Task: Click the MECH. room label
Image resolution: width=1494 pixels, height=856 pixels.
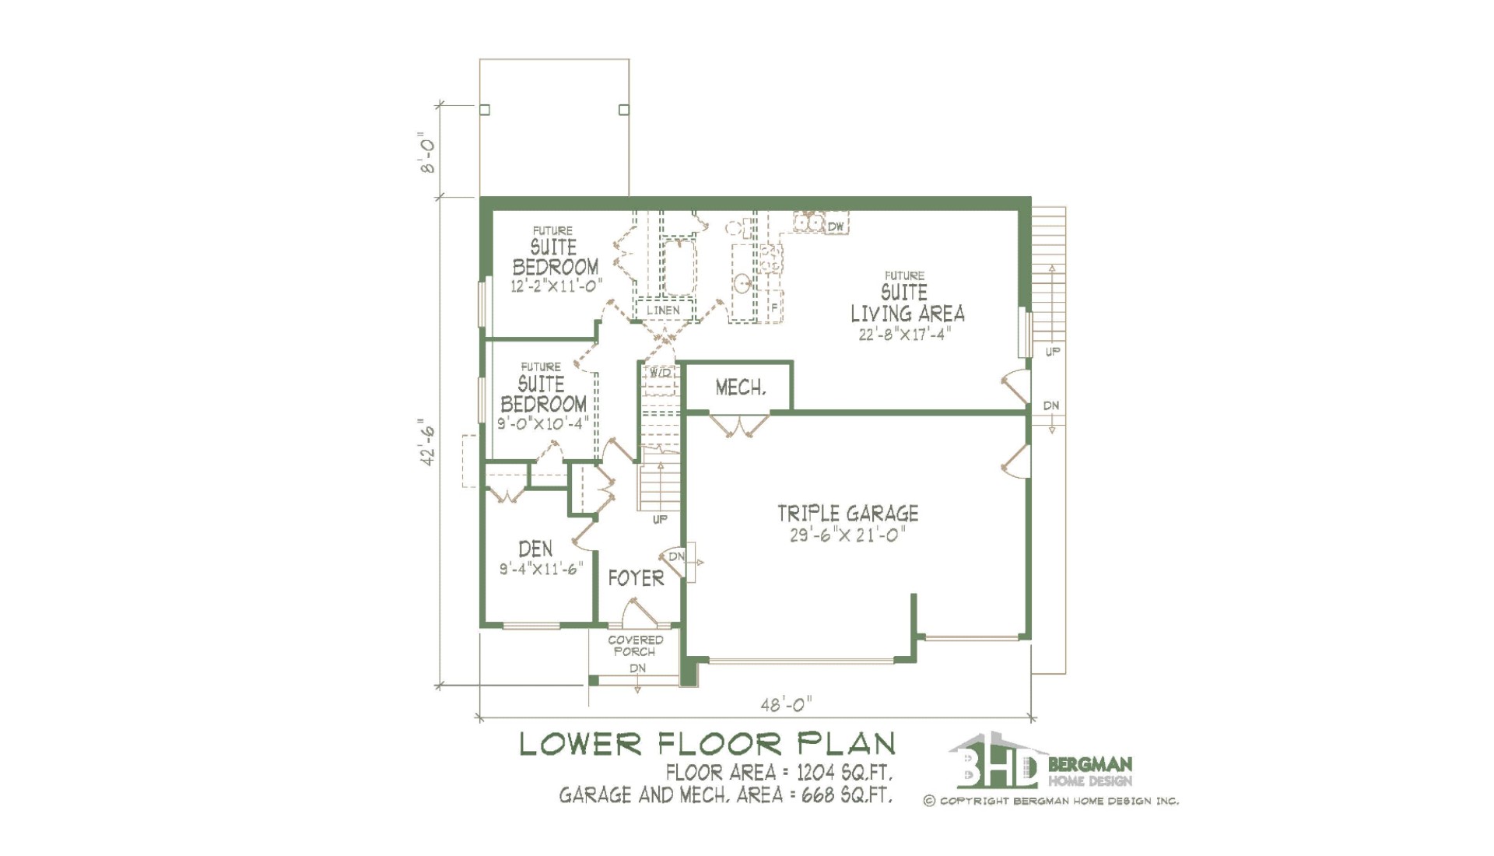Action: click(x=740, y=388)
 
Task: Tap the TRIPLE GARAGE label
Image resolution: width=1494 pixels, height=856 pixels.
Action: click(x=848, y=514)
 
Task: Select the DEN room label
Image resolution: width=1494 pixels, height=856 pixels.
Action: click(x=535, y=549)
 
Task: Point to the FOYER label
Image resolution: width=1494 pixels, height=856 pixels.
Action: click(x=636, y=578)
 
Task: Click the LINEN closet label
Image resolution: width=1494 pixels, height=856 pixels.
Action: click(x=663, y=310)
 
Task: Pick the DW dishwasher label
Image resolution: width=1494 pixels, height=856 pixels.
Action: click(x=836, y=226)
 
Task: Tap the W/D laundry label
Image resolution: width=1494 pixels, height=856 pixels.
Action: click(x=660, y=373)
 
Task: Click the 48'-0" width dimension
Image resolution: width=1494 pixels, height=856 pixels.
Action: click(x=786, y=704)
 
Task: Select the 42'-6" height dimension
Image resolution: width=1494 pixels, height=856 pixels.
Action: click(x=427, y=442)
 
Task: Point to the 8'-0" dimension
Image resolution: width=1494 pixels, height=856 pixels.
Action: click(x=427, y=153)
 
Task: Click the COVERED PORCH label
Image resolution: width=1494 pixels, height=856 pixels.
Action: click(x=635, y=646)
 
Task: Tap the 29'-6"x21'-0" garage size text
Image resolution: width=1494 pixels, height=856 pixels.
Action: click(x=847, y=535)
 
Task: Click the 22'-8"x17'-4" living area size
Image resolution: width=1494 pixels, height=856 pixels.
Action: click(x=904, y=335)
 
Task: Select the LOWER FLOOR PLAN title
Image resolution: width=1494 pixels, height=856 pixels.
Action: click(x=707, y=744)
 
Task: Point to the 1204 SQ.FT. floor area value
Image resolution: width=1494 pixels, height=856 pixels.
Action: click(x=844, y=773)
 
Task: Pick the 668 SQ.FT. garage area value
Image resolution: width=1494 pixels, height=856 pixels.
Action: click(x=847, y=795)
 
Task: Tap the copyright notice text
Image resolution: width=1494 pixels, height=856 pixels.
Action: click(x=1051, y=801)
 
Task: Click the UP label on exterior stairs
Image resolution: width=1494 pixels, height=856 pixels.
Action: click(x=1052, y=352)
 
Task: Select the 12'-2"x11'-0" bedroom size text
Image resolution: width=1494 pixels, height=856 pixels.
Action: click(x=556, y=286)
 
